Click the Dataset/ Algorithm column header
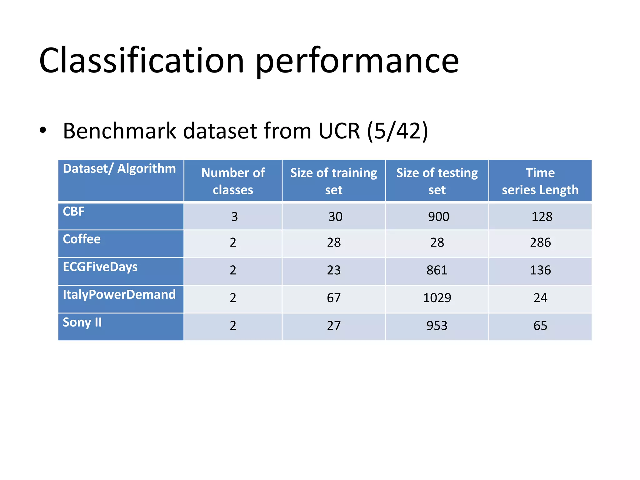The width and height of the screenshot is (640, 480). [119, 169]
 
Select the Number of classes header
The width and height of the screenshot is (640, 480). [233, 181]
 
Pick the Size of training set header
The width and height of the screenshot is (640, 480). [333, 181]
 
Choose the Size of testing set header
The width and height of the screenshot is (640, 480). [437, 181]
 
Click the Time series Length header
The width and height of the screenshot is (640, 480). [540, 181]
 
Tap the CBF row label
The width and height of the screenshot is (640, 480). [74, 212]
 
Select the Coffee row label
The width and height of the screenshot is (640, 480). [82, 239]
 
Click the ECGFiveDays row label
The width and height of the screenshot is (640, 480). [100, 267]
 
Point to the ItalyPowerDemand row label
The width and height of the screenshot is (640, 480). [119, 294]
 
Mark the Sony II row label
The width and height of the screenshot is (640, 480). [82, 322]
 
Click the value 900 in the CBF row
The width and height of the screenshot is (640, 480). [438, 217]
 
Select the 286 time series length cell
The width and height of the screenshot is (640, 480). [540, 242]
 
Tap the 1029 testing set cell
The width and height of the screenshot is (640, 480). [437, 298]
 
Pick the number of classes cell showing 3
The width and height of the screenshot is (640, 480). [234, 217]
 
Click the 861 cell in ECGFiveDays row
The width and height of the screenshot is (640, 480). [437, 270]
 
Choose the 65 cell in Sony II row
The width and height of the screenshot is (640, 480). [540, 326]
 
